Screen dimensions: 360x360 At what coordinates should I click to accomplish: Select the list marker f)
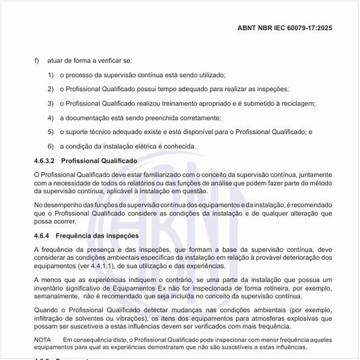click(x=37, y=60)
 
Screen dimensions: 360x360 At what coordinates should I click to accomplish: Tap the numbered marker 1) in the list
click(x=50, y=75)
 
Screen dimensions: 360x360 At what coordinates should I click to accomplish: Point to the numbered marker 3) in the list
click(x=50, y=103)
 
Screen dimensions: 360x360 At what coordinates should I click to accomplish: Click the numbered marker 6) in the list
click(x=50, y=146)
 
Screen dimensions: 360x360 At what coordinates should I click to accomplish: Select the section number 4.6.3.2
click(x=45, y=160)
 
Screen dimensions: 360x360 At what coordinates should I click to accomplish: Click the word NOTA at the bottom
click(x=42, y=340)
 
